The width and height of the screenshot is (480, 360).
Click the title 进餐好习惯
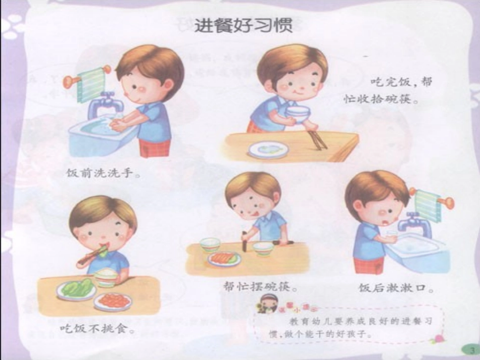click(243, 25)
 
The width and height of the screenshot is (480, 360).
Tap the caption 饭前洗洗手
click(103, 174)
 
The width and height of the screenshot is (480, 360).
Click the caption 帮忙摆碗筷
click(259, 286)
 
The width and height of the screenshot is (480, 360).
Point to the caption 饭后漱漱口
click(396, 288)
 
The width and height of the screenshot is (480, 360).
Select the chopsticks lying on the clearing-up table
click(317, 140)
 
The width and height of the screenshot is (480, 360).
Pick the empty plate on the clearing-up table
click(268, 149)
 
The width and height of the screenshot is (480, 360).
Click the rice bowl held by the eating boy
click(106, 277)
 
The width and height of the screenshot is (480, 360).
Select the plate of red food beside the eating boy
click(113, 301)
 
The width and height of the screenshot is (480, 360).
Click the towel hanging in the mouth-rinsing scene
click(428, 205)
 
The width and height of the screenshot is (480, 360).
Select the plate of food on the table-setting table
click(224, 259)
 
